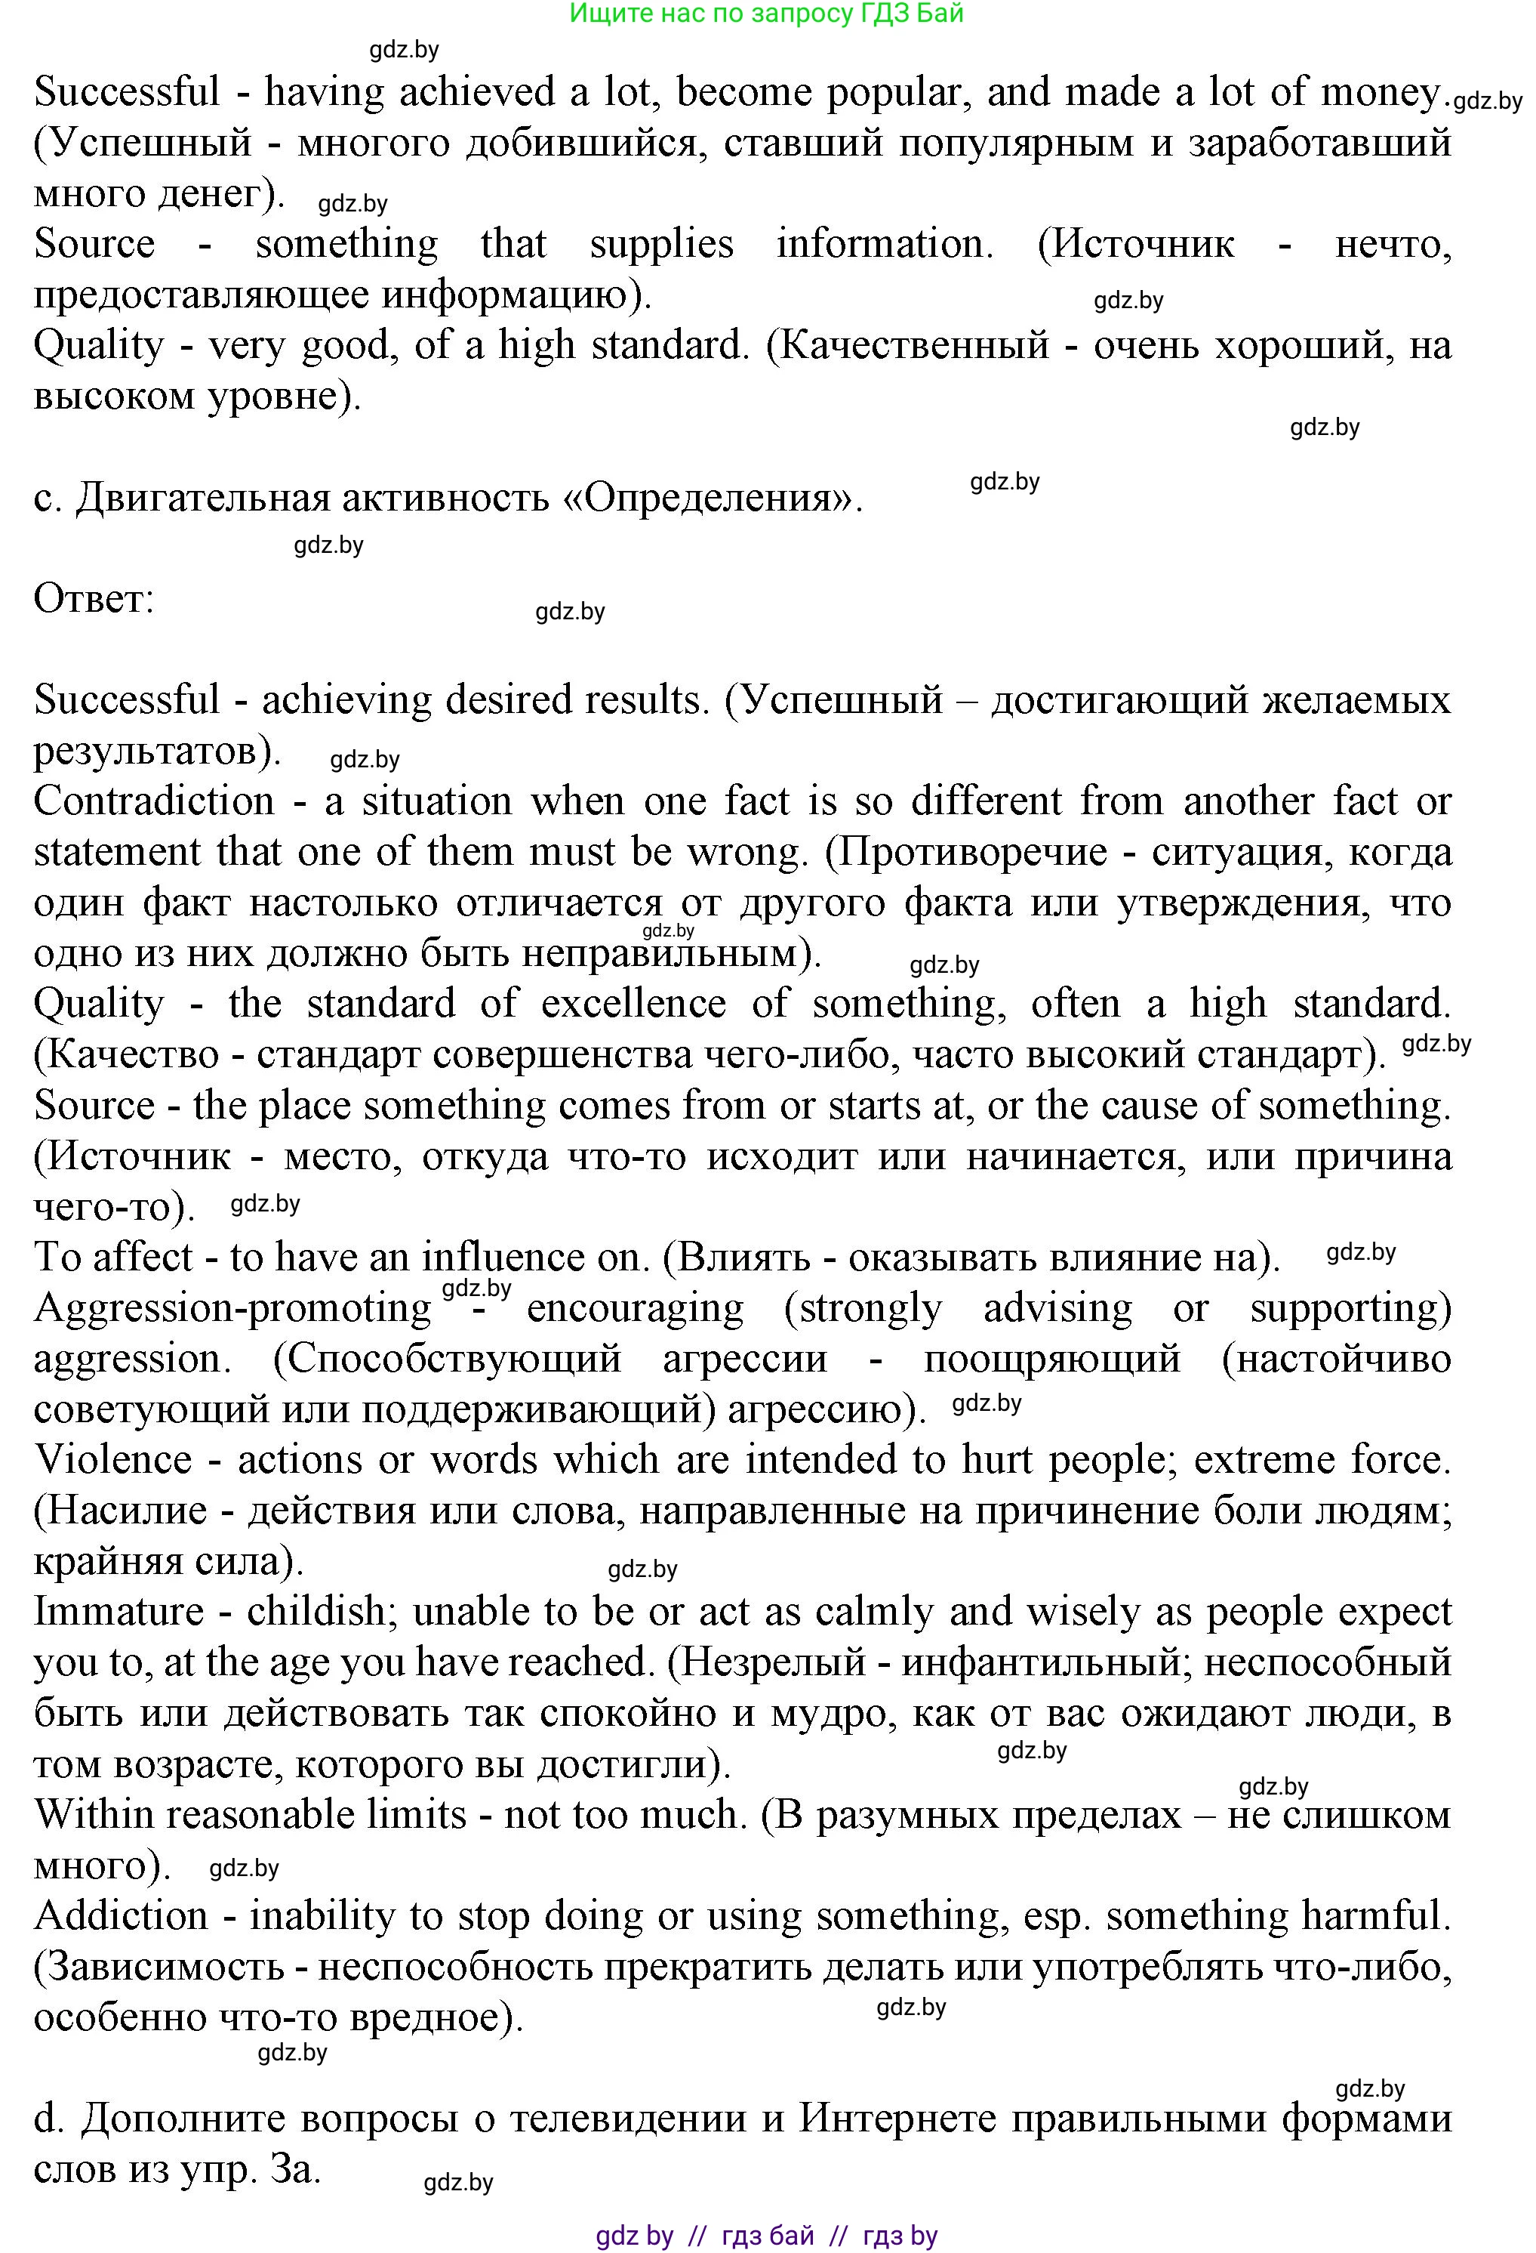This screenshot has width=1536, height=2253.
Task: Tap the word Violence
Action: [113, 1460]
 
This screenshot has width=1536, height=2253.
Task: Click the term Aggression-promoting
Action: [232, 1309]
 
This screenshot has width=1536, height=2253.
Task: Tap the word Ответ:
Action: [94, 599]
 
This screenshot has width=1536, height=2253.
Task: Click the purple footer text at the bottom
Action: [765, 2236]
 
